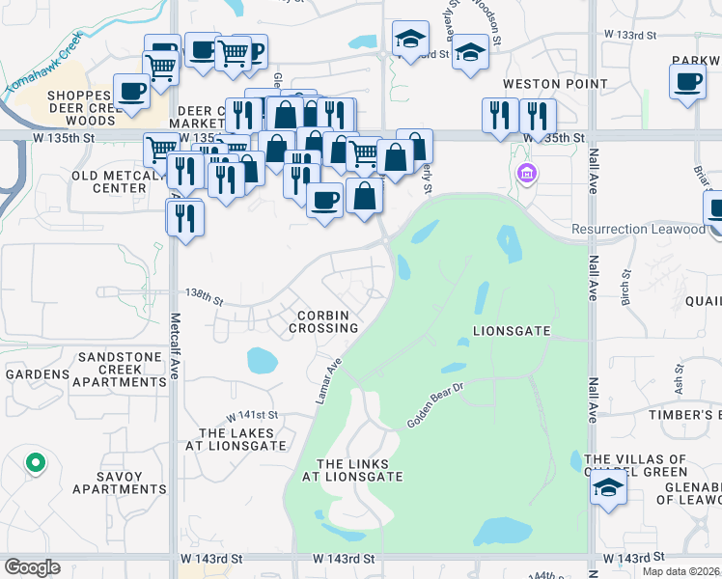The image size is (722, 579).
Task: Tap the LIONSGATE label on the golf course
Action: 512,331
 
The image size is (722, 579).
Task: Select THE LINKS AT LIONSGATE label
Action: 352,470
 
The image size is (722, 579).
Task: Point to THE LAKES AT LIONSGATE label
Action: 242,439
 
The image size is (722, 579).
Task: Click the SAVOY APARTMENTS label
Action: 118,482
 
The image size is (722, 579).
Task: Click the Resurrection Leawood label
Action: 638,229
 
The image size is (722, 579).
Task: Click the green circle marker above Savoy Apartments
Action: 35,464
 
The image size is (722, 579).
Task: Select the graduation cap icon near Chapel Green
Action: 608,488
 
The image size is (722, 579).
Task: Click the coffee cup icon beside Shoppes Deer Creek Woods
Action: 131,92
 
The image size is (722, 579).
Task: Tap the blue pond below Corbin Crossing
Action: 263,361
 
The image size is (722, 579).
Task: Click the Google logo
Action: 32,567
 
